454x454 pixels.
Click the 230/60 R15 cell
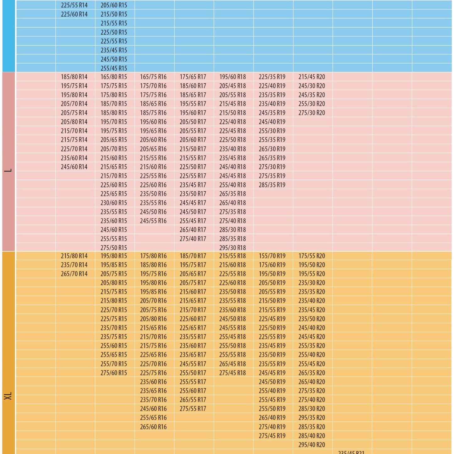pos(113,203)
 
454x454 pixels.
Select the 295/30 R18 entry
pos(232,248)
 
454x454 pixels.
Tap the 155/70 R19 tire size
pos(272,256)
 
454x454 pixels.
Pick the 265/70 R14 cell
pos(74,274)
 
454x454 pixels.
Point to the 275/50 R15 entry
pos(113,248)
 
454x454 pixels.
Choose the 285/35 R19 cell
pos(272,185)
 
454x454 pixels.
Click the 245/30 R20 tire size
pos(311,86)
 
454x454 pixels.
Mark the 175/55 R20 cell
pos(311,256)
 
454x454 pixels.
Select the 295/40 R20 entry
pos(311,445)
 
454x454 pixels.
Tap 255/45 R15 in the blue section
pos(113,68)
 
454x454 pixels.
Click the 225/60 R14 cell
pos(74,14)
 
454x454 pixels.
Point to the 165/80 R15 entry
pos(113,77)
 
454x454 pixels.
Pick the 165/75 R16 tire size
pos(153,77)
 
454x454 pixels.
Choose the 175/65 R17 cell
pos(193,77)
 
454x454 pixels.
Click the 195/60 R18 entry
pos(232,77)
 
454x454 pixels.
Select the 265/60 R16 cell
pos(153,427)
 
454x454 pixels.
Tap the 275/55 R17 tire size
pos(193,409)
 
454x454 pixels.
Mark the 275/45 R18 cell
pos(232,373)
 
